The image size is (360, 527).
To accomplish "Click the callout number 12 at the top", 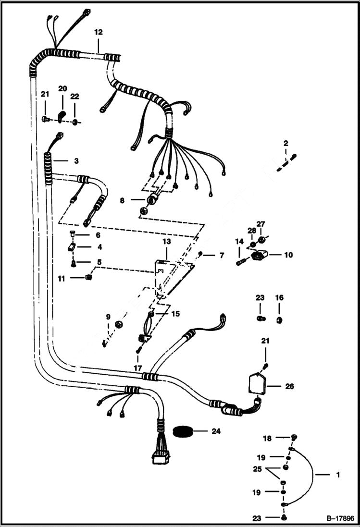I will (98, 33).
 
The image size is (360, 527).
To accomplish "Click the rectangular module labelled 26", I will (258, 385).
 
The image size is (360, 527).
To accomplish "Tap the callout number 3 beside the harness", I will (62, 160).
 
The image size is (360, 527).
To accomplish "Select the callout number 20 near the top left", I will (62, 88).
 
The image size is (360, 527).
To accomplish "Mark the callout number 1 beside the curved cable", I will (338, 475).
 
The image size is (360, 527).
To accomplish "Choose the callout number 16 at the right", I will (279, 298).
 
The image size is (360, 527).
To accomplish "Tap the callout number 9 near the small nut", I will (108, 317).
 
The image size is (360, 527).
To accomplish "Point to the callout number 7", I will (221, 256).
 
